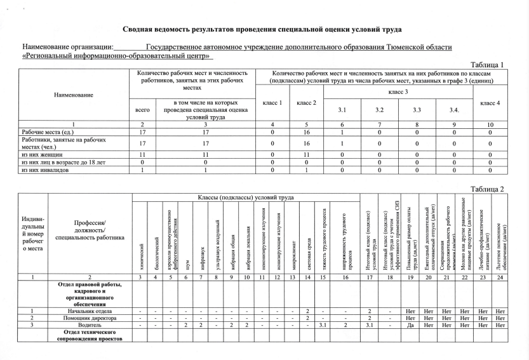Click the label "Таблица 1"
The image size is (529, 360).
click(486, 65)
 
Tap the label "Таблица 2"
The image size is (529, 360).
click(486, 189)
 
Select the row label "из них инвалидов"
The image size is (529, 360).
click(42, 170)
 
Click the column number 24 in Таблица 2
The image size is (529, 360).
click(500, 277)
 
